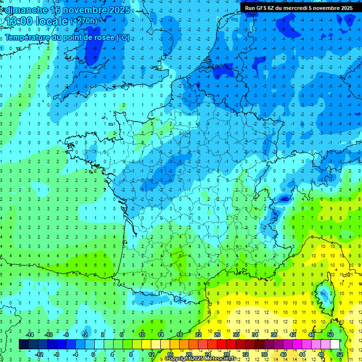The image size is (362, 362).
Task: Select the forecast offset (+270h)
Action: coord(84,21)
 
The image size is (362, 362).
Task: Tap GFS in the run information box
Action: coord(264,8)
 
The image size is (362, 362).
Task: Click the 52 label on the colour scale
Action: coord(339,354)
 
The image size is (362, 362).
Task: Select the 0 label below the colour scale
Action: coord(93,354)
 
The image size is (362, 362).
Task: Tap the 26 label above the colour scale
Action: coord(217,335)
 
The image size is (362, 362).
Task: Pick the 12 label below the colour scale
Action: coord(151,354)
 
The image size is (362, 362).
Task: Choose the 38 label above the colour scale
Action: coord(273,335)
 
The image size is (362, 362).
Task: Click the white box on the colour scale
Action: coord(335,344)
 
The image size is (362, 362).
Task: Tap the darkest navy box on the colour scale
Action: coord(24,344)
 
